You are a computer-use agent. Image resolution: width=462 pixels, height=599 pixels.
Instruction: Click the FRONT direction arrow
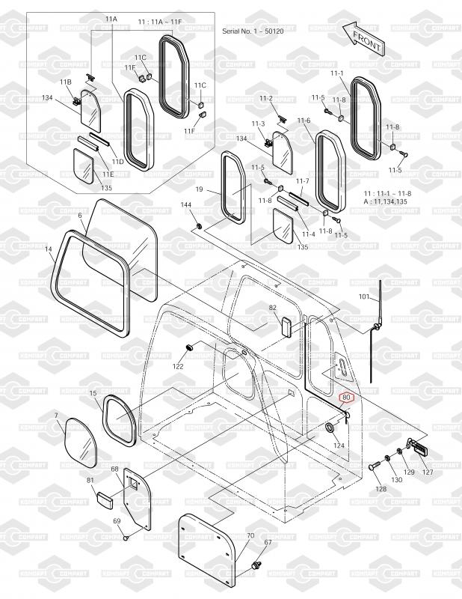click(x=363, y=38)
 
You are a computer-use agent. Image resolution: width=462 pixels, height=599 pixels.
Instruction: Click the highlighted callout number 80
click(x=346, y=398)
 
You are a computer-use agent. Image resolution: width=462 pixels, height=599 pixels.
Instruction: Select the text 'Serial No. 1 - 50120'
click(x=253, y=31)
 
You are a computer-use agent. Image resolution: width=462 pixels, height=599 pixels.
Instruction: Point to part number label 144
click(x=186, y=205)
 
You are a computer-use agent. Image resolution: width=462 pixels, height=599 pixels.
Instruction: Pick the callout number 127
click(x=428, y=472)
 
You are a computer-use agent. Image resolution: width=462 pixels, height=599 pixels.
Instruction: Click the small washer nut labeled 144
click(x=199, y=226)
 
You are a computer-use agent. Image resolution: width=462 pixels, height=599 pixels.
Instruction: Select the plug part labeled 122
click(x=189, y=347)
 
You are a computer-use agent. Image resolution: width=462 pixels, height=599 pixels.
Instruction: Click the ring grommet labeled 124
click(x=330, y=428)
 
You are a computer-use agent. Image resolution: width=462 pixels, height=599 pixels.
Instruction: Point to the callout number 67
click(x=268, y=542)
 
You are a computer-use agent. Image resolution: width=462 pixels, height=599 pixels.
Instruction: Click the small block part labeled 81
click(x=104, y=501)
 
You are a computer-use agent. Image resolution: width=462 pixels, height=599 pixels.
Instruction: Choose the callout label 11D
click(x=118, y=162)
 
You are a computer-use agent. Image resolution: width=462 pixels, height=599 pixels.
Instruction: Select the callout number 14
click(x=48, y=249)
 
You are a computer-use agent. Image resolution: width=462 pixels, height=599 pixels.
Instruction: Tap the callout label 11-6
click(x=304, y=121)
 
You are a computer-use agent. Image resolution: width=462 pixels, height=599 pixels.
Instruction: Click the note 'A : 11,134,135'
click(x=385, y=201)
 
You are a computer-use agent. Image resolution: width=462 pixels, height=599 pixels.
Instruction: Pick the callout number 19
click(x=199, y=189)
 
